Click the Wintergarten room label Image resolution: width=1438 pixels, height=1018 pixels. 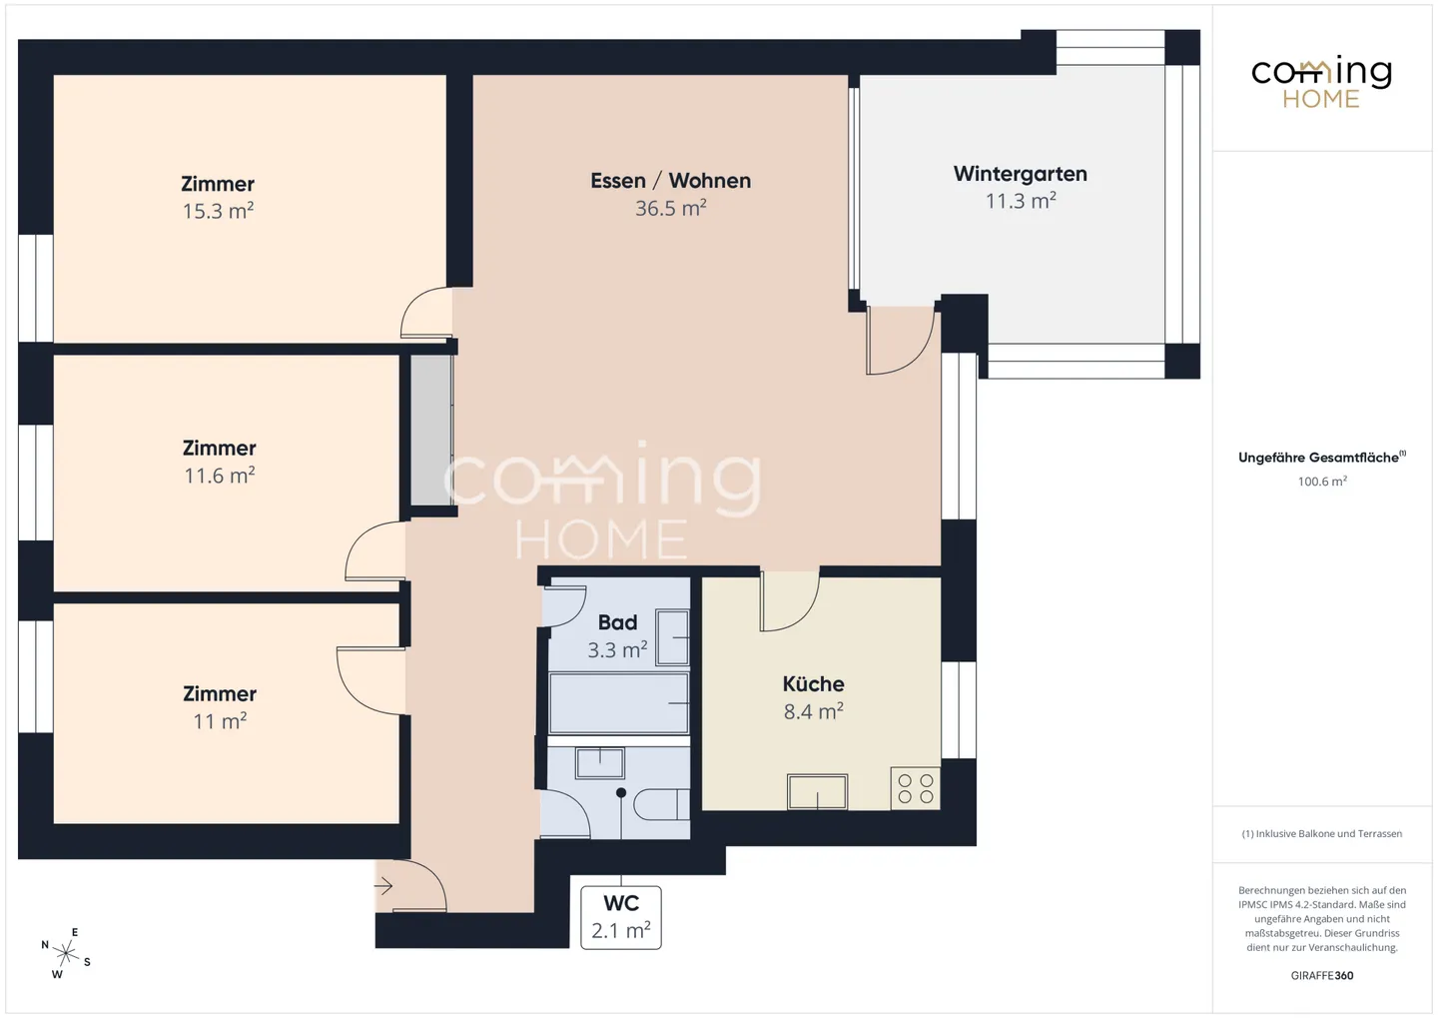(x=1021, y=174)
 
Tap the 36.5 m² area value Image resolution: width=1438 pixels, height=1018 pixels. (x=671, y=208)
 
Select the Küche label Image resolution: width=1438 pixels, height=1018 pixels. (x=813, y=684)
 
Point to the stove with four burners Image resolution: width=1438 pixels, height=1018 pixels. (x=916, y=788)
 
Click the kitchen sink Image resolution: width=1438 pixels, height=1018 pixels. (x=817, y=791)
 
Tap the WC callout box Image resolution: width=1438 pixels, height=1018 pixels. (x=621, y=918)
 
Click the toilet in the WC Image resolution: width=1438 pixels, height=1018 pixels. (x=661, y=805)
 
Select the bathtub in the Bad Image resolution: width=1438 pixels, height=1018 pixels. (x=619, y=702)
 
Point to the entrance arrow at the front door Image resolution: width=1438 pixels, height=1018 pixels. (x=383, y=886)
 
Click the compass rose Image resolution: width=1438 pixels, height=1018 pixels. (x=66, y=954)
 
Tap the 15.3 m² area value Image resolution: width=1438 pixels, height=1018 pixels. (x=219, y=212)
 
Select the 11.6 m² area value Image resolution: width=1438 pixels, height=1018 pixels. (x=220, y=476)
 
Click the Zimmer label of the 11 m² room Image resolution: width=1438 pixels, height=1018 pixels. (x=220, y=693)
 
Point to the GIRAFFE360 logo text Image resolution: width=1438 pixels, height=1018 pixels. (x=1322, y=976)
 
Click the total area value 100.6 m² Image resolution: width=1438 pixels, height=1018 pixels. (x=1322, y=482)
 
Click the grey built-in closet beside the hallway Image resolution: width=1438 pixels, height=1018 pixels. (x=430, y=430)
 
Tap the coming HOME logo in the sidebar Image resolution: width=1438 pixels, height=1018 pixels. (x=1321, y=82)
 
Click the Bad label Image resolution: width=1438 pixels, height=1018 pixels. (x=617, y=622)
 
